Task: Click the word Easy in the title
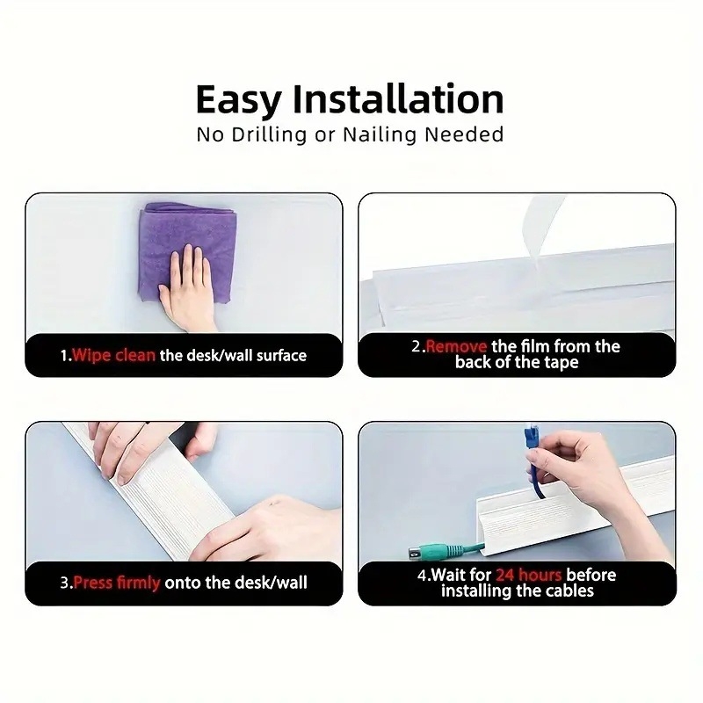pos(239,101)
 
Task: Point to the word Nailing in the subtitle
pos(380,134)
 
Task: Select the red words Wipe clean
pos(114,356)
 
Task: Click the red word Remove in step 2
pos(456,346)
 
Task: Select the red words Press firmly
pos(117,583)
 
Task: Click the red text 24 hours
pos(529,575)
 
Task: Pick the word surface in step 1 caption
pos(281,356)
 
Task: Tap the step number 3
pos(64,583)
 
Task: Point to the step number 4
pos(422,576)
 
